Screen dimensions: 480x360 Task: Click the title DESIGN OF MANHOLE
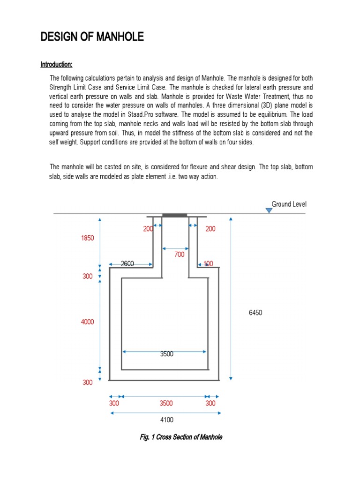[92, 37]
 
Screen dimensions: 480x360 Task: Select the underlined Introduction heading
[56, 64]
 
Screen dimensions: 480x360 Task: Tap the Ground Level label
[289, 204]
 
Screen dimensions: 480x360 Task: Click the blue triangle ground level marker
[269, 210]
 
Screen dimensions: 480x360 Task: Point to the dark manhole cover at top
[174, 215]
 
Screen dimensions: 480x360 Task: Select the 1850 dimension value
[88, 238]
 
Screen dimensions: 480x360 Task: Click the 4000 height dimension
[88, 322]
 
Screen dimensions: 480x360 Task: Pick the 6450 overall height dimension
[255, 313]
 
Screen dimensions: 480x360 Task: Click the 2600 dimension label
[127, 264]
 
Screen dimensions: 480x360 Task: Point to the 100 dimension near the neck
[208, 264]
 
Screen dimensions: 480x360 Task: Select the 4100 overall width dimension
[166, 420]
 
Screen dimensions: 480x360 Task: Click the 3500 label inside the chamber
[167, 354]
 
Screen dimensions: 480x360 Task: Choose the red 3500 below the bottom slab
[166, 403]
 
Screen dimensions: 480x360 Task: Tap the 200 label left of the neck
[148, 229]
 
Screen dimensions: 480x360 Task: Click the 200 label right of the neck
[210, 229]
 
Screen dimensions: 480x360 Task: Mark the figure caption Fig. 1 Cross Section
[181, 437]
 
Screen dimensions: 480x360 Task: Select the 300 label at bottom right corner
[210, 403]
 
